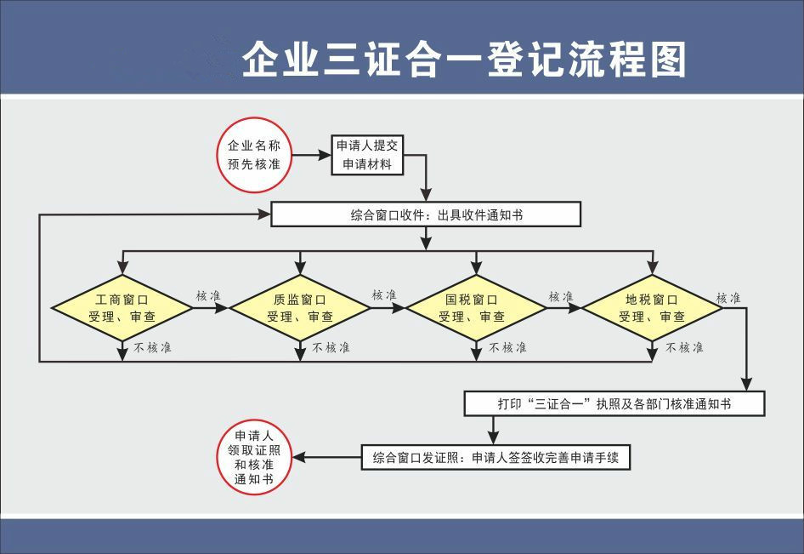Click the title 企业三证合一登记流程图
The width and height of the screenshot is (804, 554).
pos(463,60)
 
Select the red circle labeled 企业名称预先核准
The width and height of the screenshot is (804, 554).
pos(254,155)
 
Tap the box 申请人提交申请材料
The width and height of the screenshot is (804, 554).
pos(366,155)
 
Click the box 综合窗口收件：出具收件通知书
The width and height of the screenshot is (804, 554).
pos(425,214)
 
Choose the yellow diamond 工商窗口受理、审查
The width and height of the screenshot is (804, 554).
pos(122,307)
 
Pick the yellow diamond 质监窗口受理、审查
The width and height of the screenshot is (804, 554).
pos(299,307)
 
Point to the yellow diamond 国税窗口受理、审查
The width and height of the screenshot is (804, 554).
pos(476,307)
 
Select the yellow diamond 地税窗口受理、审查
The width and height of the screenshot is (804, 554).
pos(652,307)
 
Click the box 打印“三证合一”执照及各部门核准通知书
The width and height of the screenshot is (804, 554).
pos(614,403)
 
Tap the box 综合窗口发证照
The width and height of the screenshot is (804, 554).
pos(495,458)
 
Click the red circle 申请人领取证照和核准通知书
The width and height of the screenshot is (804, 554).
pos(254,458)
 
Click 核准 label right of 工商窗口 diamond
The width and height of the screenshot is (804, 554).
pos(208,295)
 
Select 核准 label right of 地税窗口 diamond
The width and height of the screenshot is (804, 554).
pos(728,298)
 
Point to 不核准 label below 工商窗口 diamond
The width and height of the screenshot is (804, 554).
pos(153,347)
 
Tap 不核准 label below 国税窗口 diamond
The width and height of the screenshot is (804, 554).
pos(507,347)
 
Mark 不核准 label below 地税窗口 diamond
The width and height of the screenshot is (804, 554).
pos(684,347)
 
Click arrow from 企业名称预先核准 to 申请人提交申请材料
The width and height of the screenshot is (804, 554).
pos(310,155)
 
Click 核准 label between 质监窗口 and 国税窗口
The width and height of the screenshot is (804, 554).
pos(384,295)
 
